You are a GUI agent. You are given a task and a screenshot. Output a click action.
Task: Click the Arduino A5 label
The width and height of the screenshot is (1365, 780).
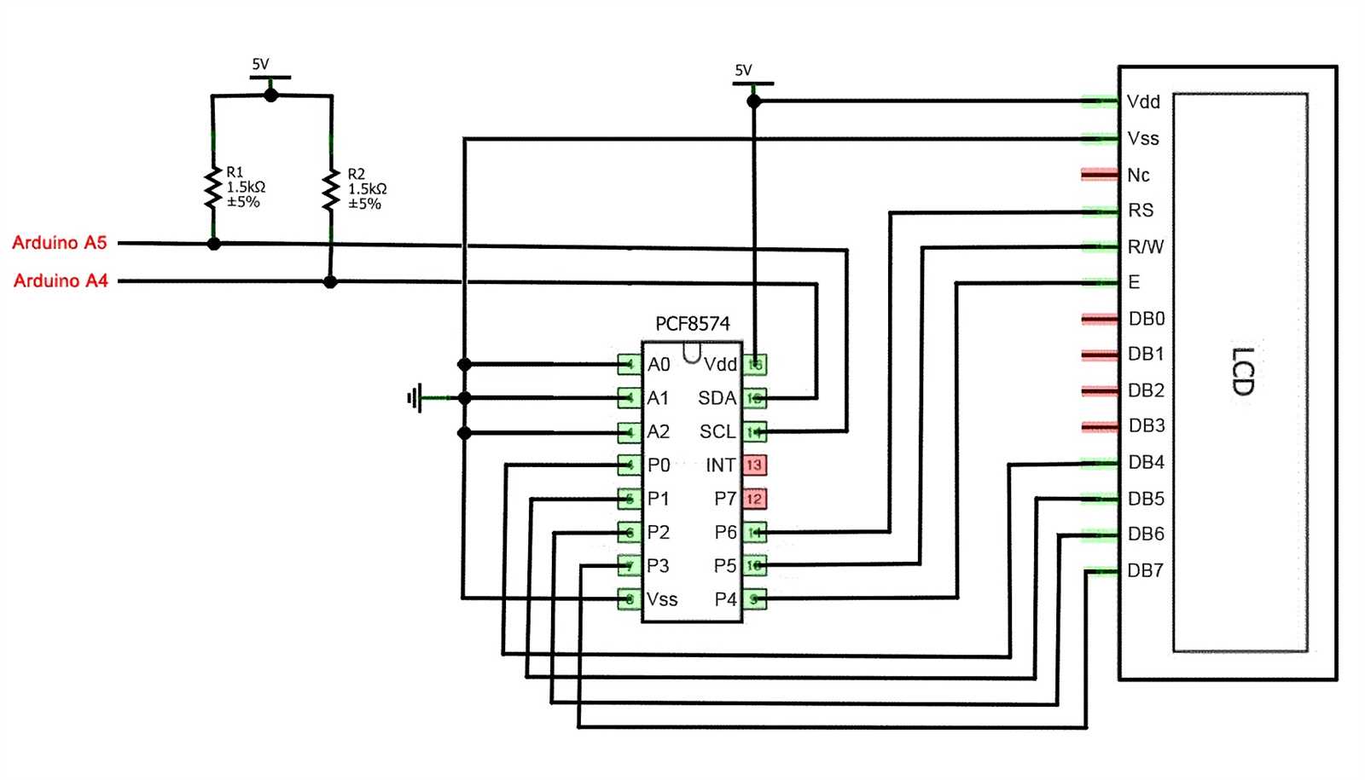pyautogui.click(x=59, y=243)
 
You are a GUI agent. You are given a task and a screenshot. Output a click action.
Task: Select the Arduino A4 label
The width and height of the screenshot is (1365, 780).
pyautogui.click(x=61, y=280)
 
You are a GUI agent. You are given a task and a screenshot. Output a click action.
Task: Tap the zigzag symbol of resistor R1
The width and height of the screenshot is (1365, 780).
pyautogui.click(x=212, y=188)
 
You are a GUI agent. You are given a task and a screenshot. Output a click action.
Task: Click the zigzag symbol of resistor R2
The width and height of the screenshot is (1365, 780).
pyautogui.click(x=331, y=191)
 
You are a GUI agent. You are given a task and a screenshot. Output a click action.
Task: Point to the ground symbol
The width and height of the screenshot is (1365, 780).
pyautogui.click(x=415, y=398)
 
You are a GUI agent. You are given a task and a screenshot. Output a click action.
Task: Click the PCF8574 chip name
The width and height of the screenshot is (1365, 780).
pyautogui.click(x=692, y=324)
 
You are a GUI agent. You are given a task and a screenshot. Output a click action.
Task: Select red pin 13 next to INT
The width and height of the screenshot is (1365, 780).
pyautogui.click(x=753, y=465)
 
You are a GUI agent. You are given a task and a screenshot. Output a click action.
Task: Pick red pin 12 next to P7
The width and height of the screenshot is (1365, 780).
pyautogui.click(x=753, y=499)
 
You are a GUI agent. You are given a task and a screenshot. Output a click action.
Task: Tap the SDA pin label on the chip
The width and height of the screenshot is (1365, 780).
pyautogui.click(x=717, y=398)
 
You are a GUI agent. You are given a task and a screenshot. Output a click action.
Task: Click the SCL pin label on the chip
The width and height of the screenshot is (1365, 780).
pyautogui.click(x=717, y=432)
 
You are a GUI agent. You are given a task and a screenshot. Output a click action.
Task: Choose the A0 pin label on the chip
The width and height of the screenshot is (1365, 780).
pyautogui.click(x=659, y=365)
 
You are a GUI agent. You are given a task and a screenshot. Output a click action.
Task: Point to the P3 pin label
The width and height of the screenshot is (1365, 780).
pyautogui.click(x=658, y=566)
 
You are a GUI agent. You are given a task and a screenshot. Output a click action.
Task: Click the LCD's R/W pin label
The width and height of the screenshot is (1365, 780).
pyautogui.click(x=1145, y=247)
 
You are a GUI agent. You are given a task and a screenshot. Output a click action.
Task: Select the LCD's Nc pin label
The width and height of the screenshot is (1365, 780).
pyautogui.click(x=1138, y=176)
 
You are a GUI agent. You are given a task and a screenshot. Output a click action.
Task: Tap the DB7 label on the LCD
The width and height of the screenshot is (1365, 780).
pyautogui.click(x=1145, y=571)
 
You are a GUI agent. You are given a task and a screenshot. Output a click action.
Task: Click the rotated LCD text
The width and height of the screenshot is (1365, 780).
pyautogui.click(x=1242, y=372)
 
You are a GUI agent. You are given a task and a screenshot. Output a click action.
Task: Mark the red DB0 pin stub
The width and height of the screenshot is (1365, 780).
pyautogui.click(x=1100, y=319)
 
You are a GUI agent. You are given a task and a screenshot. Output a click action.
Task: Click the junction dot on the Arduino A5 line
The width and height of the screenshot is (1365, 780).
pyautogui.click(x=214, y=244)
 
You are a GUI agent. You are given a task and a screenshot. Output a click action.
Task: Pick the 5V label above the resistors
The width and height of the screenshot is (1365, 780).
pyautogui.click(x=260, y=64)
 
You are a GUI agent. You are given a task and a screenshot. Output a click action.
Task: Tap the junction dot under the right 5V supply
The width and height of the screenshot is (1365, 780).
pyautogui.click(x=753, y=101)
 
